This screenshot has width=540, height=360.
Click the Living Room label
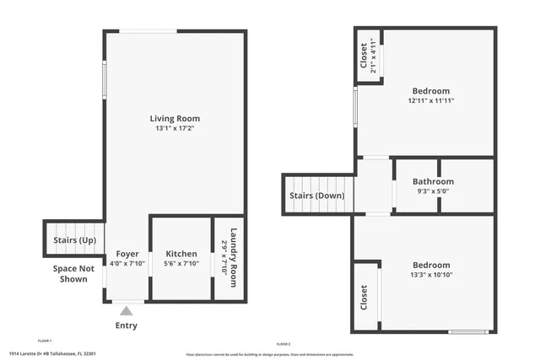click(x=175, y=118)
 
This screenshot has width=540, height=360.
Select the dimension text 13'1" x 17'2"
click(x=175, y=129)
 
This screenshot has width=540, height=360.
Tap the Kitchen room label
click(x=181, y=254)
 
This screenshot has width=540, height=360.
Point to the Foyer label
click(x=127, y=254)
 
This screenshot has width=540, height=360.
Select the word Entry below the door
click(x=126, y=325)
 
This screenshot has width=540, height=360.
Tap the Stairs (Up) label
click(x=74, y=240)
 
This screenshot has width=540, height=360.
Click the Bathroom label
click(x=433, y=181)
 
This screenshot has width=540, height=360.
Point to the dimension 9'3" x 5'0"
click(x=433, y=191)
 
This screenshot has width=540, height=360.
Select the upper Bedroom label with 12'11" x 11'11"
click(x=430, y=91)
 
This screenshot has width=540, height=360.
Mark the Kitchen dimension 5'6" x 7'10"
click(x=181, y=264)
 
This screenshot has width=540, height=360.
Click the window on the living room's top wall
click(x=154, y=32)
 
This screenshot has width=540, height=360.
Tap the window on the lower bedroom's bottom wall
click(x=469, y=331)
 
